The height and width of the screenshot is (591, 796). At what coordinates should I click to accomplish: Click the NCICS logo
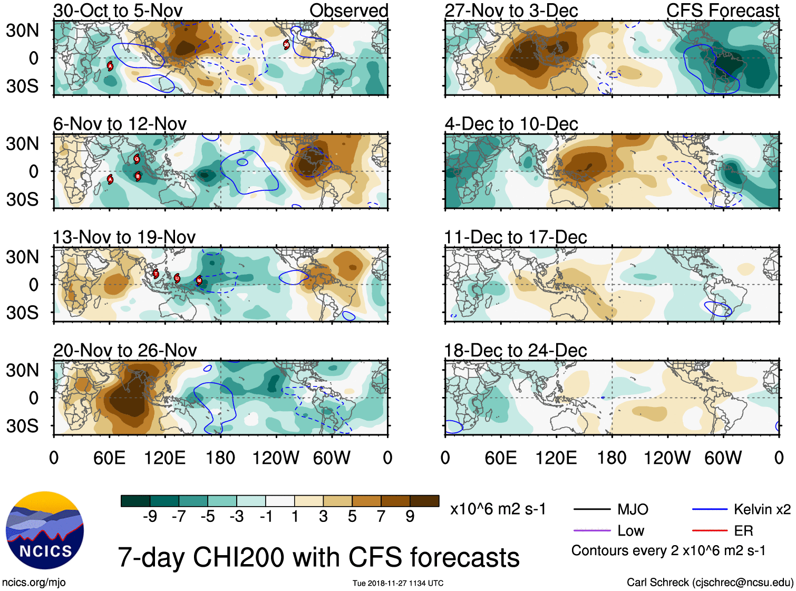(x=45, y=530)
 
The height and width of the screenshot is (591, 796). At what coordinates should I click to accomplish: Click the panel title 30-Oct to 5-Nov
(x=118, y=11)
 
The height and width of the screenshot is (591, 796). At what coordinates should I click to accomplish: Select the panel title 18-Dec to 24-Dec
(x=515, y=351)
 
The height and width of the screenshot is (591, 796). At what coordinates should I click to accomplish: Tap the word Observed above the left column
(x=348, y=11)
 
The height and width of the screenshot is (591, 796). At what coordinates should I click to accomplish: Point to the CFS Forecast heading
(x=722, y=11)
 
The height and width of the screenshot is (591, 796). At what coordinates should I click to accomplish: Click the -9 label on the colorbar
(x=150, y=517)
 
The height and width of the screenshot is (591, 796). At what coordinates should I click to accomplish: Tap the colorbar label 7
(x=381, y=517)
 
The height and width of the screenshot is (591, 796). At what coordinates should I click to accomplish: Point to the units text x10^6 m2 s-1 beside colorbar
(x=498, y=509)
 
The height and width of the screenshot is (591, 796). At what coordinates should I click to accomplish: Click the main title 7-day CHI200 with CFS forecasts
(x=318, y=557)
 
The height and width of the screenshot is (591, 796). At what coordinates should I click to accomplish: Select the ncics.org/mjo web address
(x=34, y=582)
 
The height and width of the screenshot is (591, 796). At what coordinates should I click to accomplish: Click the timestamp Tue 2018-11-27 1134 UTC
(x=398, y=583)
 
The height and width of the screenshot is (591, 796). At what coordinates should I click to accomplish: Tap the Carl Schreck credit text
(x=710, y=582)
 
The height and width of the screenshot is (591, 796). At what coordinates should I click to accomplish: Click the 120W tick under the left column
(x=276, y=458)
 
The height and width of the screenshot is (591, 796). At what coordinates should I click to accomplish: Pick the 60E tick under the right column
(x=500, y=458)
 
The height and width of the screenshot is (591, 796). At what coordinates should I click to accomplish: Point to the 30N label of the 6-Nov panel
(x=22, y=143)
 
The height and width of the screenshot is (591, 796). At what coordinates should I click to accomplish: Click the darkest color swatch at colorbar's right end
(x=424, y=501)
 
